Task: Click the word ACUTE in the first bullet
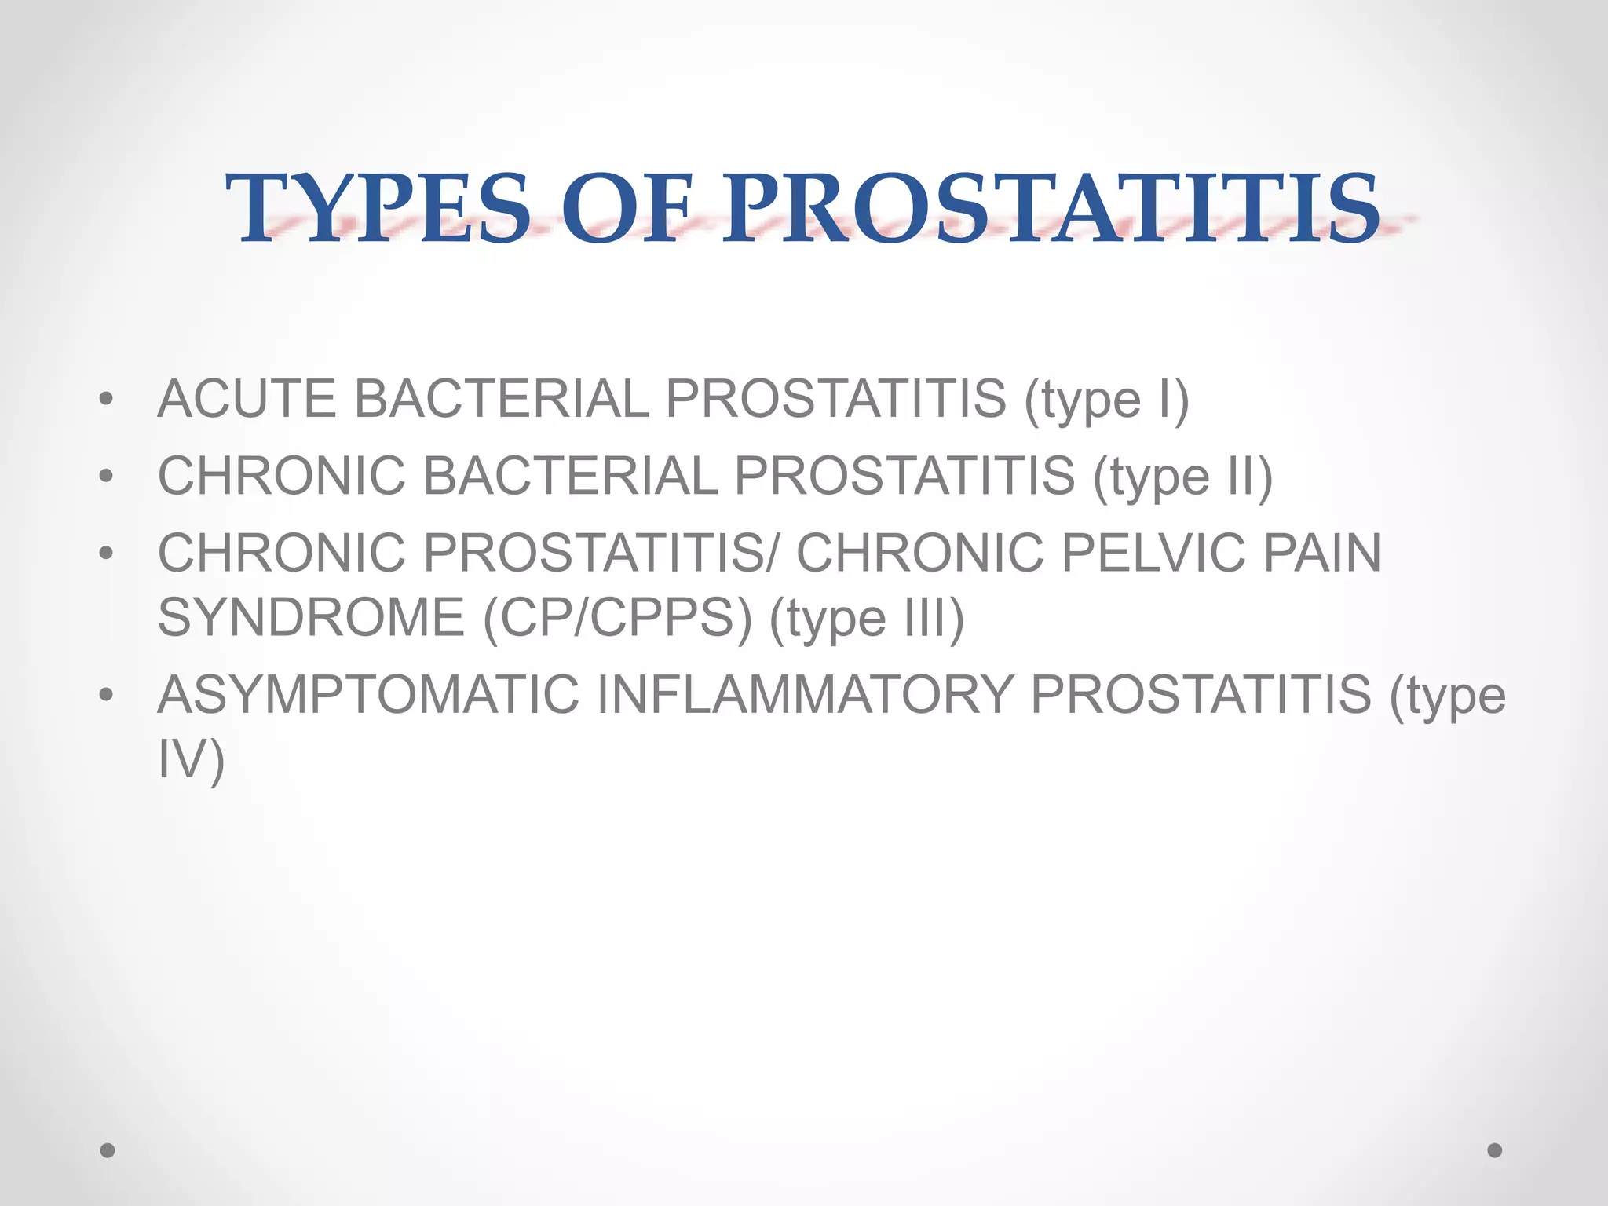pos(247,399)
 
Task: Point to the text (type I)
pos(1106,400)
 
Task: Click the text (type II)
pos(1182,477)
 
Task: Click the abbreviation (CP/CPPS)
pos(617,619)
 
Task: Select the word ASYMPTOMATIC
pos(368,695)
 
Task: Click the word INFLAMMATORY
pos(805,695)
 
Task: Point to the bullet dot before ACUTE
pos(106,400)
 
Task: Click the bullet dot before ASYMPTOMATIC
pos(106,696)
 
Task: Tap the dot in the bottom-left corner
pos(108,1150)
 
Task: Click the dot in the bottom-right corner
pos(1495,1150)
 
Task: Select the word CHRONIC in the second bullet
pos(282,476)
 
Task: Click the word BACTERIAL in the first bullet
pos(501,399)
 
